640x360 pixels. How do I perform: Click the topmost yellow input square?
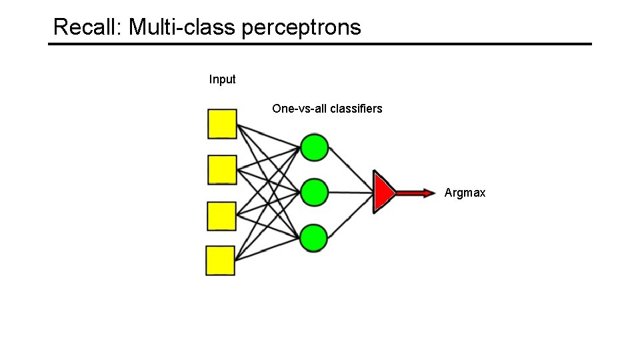coord(222,124)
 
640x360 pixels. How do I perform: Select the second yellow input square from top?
coord(222,169)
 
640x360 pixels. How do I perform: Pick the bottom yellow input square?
coord(221,261)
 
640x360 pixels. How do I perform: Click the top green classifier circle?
coord(314,147)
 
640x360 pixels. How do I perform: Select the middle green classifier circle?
coord(314,193)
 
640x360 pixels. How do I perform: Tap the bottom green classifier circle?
coord(313,238)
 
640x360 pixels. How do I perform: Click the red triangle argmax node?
coord(383,193)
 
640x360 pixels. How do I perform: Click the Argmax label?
coord(465,193)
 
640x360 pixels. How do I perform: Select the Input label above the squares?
coord(222,79)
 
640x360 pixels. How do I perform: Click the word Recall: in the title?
coord(88,27)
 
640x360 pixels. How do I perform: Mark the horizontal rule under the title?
coord(319,44)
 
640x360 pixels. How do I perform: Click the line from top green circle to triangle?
coord(351,169)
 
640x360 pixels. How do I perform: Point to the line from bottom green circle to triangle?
coord(351,216)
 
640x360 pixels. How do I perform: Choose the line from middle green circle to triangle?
coord(351,193)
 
